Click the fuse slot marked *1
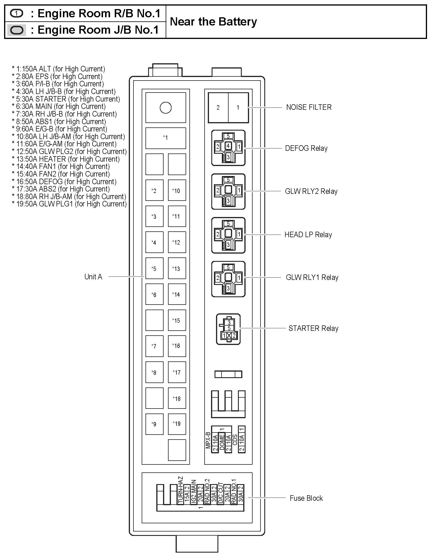tap(166, 138)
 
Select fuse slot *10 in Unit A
tap(177, 191)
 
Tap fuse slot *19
tap(177, 423)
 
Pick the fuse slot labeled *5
tap(154, 269)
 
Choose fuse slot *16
tap(177, 346)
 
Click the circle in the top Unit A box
tap(166, 108)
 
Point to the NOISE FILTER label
tap(309, 107)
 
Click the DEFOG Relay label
tap(306, 148)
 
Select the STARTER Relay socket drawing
tap(228, 329)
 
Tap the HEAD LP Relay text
tap(308, 235)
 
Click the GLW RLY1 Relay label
tap(312, 277)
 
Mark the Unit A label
tap(93, 277)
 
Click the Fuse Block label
tap(306, 498)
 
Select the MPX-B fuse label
tap(208, 440)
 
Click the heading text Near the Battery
tap(213, 22)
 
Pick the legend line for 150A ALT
tap(59, 69)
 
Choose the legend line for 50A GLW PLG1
tap(69, 204)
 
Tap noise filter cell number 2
tap(218, 107)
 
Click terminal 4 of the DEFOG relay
tap(228, 146)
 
